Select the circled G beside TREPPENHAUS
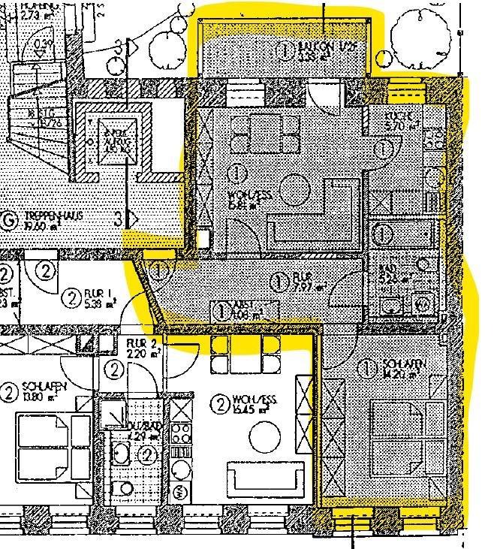pyautogui.click(x=10, y=221)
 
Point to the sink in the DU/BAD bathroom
pyautogui.click(x=120, y=454)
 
